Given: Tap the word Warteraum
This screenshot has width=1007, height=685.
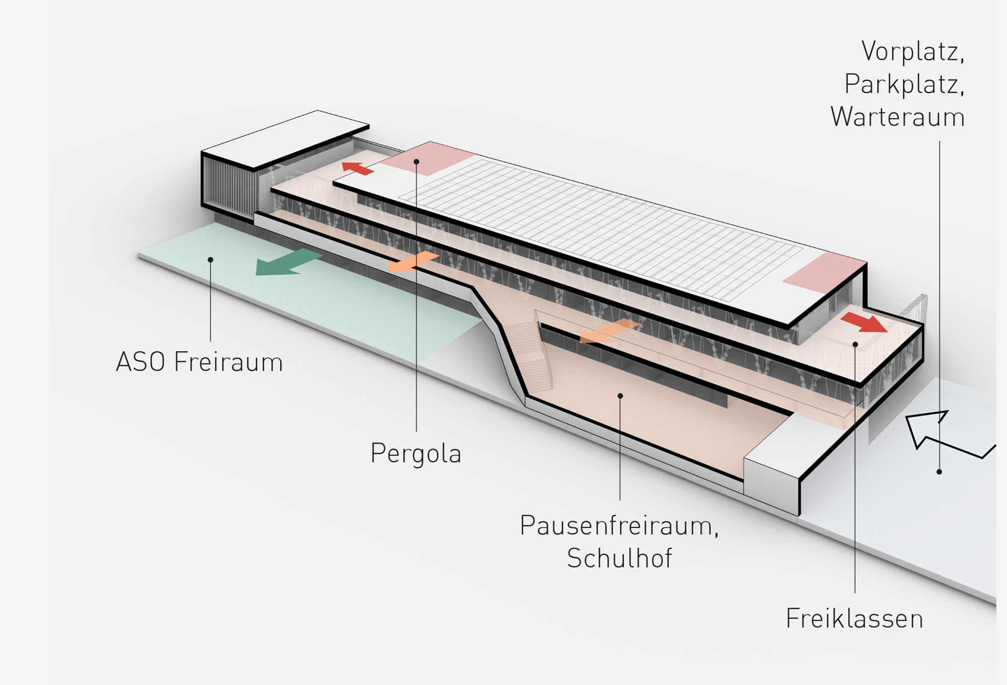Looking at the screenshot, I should pos(897,117).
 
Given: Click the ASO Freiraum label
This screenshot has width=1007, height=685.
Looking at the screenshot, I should pos(199,362).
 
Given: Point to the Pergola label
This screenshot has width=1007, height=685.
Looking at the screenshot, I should pos(416,453).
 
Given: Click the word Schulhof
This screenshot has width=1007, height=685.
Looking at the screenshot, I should pos(619,558).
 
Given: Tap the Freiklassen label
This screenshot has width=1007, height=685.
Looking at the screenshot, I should pos(854,619).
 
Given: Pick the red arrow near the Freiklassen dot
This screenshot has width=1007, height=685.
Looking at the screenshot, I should pos(864,322).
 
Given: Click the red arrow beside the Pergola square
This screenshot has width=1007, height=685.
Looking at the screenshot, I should pos(358,168).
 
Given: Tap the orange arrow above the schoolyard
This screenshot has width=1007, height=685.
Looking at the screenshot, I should pos(608,331).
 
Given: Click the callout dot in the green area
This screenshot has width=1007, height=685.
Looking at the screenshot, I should pos(210,260).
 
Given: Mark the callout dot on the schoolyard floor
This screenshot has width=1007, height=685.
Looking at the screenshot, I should pos(620,396).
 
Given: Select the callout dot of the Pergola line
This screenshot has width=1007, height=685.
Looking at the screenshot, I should pos(416,162).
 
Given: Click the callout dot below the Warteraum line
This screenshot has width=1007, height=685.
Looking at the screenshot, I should pos(939,472).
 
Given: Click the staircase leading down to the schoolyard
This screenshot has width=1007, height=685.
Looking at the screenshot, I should pos(529,355).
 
